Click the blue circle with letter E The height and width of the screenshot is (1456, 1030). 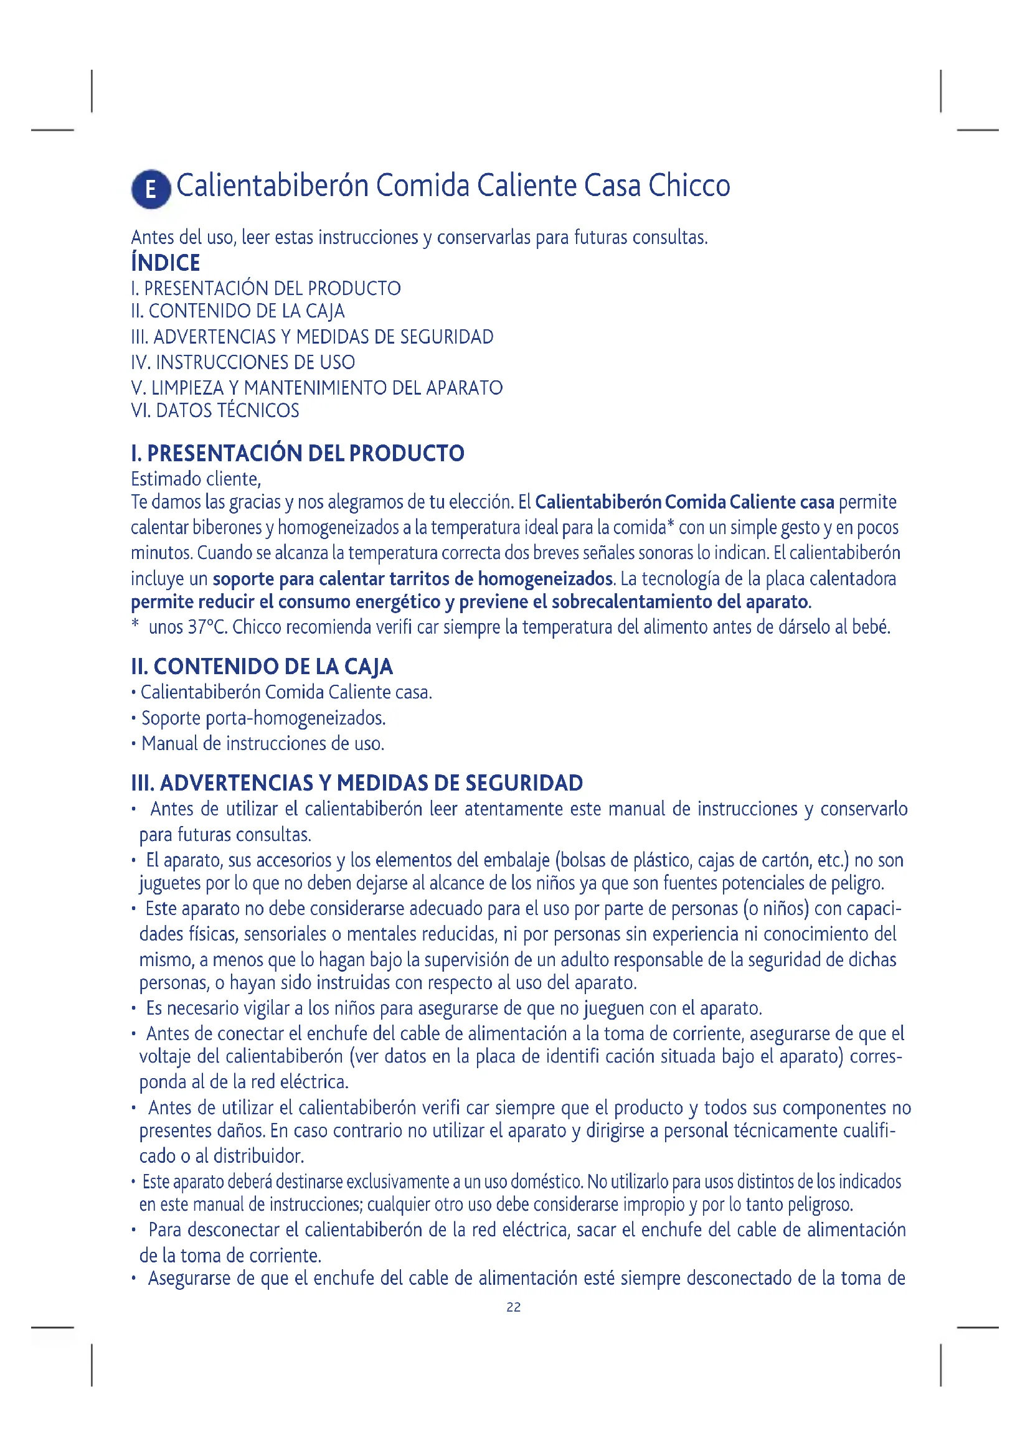tap(151, 189)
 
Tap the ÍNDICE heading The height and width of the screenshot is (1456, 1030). tap(166, 263)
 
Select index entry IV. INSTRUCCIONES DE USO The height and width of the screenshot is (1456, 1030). tap(243, 362)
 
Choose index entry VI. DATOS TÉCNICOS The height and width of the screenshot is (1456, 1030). tap(215, 410)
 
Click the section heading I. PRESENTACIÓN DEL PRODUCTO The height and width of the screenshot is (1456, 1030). tap(298, 453)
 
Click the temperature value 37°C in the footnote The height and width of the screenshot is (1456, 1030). tap(207, 627)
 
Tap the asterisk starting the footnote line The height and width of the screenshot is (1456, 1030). tap(135, 625)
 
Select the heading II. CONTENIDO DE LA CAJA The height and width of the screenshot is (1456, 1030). tap(262, 667)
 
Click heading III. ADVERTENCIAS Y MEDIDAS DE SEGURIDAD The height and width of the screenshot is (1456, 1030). tap(357, 783)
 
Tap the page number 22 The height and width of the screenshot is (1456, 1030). tap(514, 1307)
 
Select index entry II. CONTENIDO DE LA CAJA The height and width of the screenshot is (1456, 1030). tap(238, 311)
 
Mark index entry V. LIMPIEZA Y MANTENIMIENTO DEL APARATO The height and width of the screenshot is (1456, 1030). tap(316, 387)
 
